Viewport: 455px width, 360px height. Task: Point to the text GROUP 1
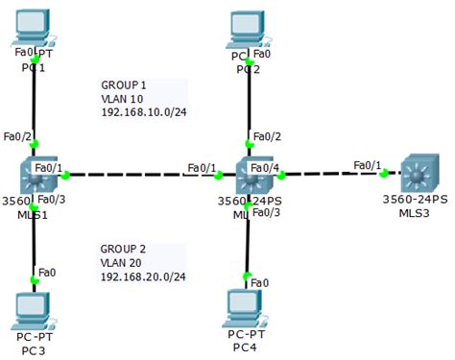pos(125,84)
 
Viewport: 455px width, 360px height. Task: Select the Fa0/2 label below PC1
pos(18,136)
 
